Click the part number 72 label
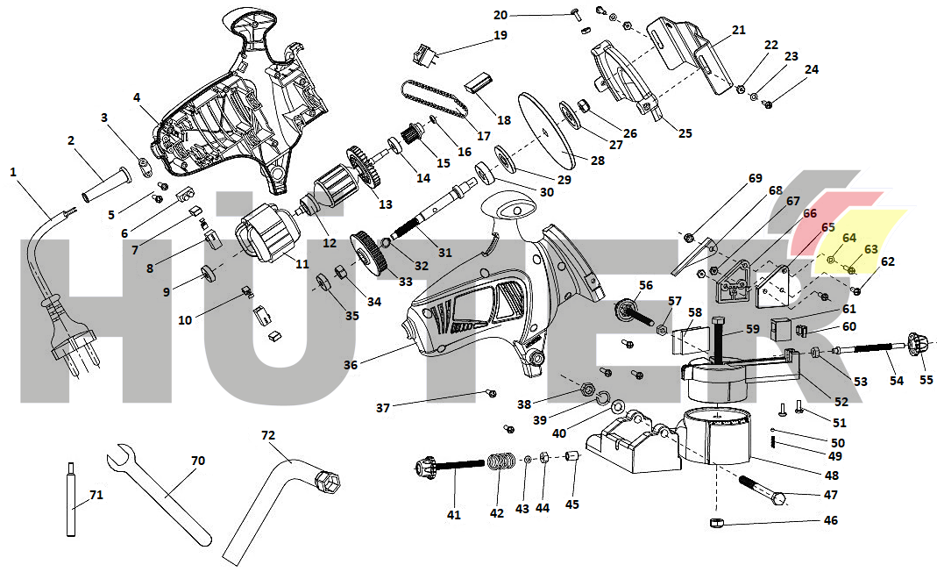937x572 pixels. point(268,434)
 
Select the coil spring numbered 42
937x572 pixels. point(500,461)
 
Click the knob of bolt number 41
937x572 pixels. point(424,467)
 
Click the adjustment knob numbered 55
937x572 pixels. point(918,347)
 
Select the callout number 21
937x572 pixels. point(738,30)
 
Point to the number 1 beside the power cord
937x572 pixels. point(13,172)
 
